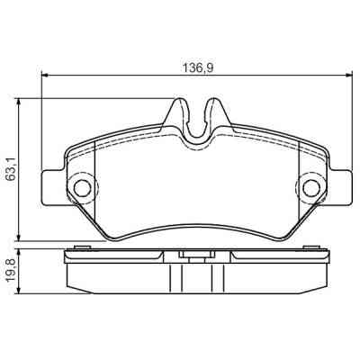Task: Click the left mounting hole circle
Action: tap(82, 188)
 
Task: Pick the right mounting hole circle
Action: tap(310, 188)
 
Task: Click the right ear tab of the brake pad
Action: tap(337, 187)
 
